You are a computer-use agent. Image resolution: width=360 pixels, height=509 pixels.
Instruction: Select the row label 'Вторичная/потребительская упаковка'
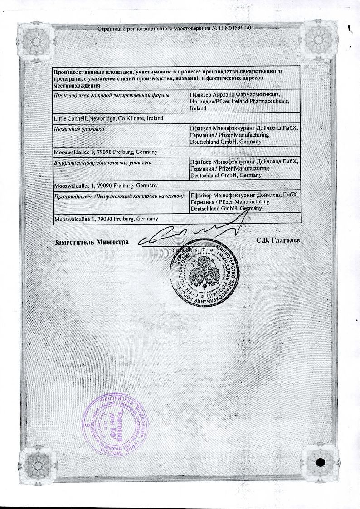pos(102,162)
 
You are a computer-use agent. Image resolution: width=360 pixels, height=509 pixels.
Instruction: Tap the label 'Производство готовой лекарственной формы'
pos(111,95)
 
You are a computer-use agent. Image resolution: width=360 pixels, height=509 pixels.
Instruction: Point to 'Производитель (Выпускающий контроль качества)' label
pos(118,196)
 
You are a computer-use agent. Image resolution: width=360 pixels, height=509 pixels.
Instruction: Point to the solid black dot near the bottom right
pos(321,462)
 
